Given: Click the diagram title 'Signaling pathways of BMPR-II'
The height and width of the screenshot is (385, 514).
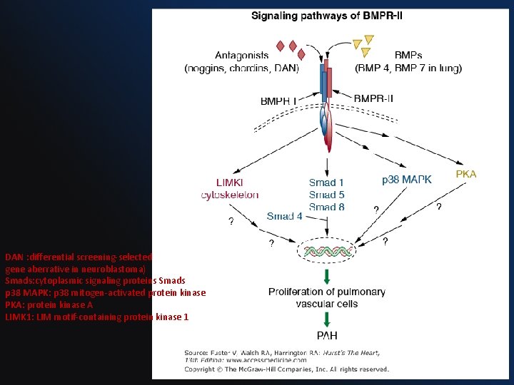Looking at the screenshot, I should [336, 16].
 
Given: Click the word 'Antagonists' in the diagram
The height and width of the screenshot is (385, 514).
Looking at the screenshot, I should [241, 55].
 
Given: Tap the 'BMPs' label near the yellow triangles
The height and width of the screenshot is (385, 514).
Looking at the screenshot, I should [408, 55].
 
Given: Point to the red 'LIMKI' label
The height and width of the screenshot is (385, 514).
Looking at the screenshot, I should [230, 183].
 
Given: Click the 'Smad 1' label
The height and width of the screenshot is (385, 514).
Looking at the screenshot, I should [327, 183].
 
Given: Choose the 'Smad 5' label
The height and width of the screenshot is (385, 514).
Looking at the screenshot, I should [327, 195].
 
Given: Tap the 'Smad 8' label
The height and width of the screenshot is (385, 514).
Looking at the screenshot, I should [327, 207].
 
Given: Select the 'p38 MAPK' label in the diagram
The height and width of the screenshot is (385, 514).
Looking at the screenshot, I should [407, 180].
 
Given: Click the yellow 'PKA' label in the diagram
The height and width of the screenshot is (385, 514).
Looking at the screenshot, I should [466, 174].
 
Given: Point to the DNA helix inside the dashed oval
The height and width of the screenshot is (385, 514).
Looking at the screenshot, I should [328, 250].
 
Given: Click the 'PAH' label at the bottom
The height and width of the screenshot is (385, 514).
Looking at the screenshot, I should [327, 335].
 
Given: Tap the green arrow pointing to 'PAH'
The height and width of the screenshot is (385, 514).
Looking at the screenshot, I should [327, 319].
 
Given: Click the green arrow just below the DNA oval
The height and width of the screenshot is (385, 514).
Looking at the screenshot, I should [327, 275].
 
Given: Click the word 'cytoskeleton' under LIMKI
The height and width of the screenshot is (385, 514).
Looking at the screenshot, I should [230, 195].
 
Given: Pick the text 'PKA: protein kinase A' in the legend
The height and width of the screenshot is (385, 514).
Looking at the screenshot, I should [49, 304].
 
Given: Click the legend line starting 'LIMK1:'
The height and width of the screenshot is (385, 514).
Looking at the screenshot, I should [96, 317].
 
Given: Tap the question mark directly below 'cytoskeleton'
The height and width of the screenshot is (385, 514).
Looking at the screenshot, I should [230, 220].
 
